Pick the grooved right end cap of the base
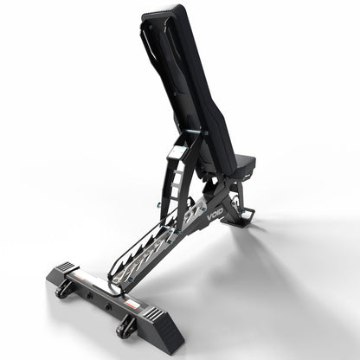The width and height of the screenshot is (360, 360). pos(158,318)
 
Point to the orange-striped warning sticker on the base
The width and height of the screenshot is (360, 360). pos(129,304)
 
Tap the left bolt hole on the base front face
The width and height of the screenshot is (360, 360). pos(89,294)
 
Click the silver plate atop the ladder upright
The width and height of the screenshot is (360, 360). pos(177,152)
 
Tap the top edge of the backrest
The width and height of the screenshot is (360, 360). pos(164,10)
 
